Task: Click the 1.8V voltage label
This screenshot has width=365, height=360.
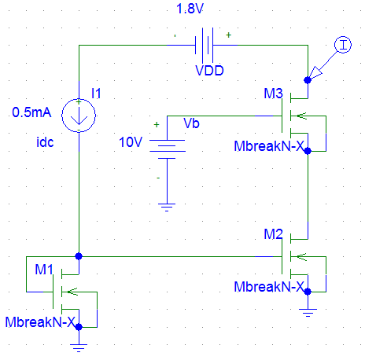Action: click(x=190, y=9)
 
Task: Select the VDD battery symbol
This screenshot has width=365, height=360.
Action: click(x=205, y=45)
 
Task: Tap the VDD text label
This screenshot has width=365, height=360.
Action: click(x=209, y=71)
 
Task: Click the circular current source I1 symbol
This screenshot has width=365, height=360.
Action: click(x=79, y=116)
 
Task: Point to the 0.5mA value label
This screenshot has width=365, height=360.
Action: click(x=31, y=112)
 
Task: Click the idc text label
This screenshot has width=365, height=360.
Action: click(x=45, y=142)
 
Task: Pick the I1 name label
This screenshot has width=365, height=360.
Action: click(x=96, y=94)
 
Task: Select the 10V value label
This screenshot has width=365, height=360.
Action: click(x=131, y=142)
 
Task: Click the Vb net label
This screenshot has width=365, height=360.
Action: click(x=191, y=123)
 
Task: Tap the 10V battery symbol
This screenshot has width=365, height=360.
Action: click(x=168, y=149)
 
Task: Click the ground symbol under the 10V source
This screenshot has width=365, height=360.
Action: click(x=167, y=208)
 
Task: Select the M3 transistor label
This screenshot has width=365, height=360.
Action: click(x=273, y=94)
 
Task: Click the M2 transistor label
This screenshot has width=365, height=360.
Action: click(x=273, y=234)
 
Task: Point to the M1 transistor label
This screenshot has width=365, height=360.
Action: click(x=44, y=270)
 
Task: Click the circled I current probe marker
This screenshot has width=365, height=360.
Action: click(x=343, y=45)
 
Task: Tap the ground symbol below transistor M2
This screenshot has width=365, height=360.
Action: click(x=308, y=313)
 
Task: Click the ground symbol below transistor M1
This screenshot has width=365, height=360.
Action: click(x=79, y=348)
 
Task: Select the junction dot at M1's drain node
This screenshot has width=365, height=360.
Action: click(x=79, y=256)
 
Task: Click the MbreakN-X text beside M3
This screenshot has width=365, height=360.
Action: click(x=269, y=146)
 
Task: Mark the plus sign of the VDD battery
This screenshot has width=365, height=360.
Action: click(x=229, y=35)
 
